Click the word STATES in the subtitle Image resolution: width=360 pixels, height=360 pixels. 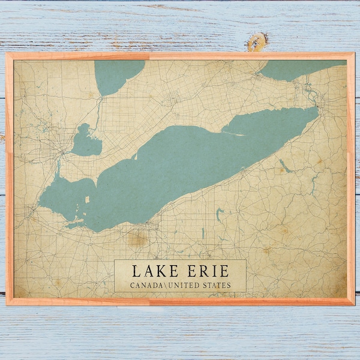pyautogui.click(x=217, y=285)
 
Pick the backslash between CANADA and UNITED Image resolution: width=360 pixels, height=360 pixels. pyautogui.click(x=165, y=285)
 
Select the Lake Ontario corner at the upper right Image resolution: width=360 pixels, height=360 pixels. pyautogui.click(x=300, y=68)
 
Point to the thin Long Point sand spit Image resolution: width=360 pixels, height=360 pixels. pyautogui.click(x=237, y=134)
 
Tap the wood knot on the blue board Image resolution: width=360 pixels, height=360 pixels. pyautogui.click(x=257, y=41)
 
